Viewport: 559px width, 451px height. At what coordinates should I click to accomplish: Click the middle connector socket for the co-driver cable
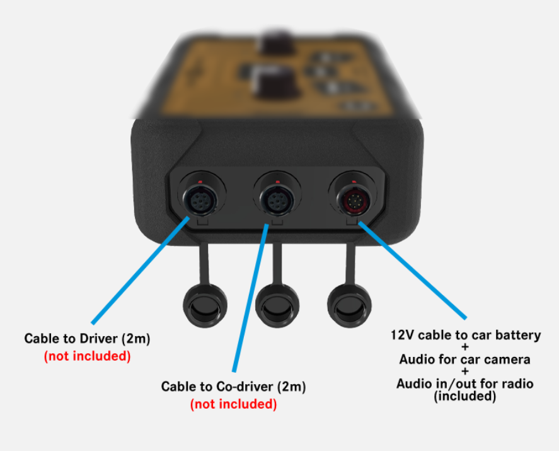[x=275, y=201]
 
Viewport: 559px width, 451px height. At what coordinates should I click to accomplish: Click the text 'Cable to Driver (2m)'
[x=87, y=339]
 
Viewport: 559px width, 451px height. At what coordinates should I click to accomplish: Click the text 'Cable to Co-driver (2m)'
[x=233, y=386]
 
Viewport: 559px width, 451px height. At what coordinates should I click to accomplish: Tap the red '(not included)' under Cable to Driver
[x=87, y=356]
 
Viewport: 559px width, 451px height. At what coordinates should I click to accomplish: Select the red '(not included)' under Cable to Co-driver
[x=233, y=404]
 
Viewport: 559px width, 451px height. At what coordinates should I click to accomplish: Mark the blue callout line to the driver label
[x=142, y=271]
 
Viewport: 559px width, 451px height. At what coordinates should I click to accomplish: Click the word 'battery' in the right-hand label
[x=519, y=335]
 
